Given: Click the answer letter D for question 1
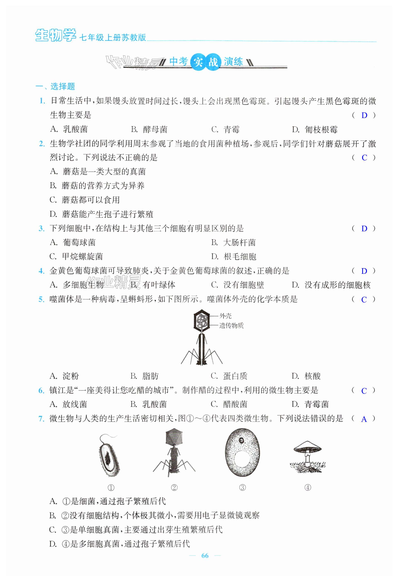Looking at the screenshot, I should pyautogui.click(x=364, y=116).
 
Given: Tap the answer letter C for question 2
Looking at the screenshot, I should pyautogui.click(x=364, y=158).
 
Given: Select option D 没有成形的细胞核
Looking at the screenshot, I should pyautogui.click(x=331, y=285).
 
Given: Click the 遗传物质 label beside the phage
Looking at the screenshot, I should pyautogui.click(x=231, y=326).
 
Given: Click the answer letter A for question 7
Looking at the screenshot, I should pyautogui.click(x=364, y=419).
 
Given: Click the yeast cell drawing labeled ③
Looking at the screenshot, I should pyautogui.click(x=242, y=453).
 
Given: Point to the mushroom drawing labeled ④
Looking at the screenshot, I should pyautogui.click(x=308, y=457).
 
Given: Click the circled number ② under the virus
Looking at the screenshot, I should pyautogui.click(x=174, y=487).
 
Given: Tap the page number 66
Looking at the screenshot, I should pyautogui.click(x=205, y=555).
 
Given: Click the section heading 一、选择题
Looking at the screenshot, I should pyautogui.click(x=55, y=86).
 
